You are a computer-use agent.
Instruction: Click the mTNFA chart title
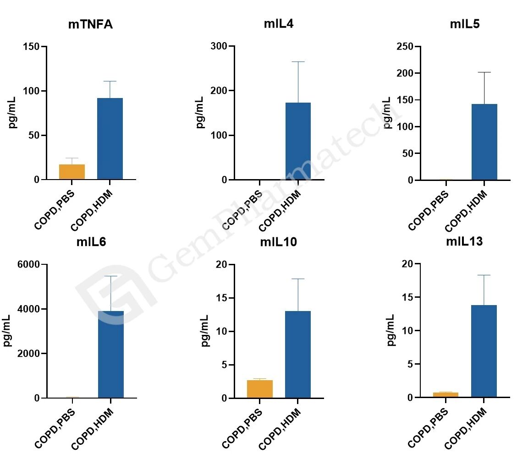pyautogui.click(x=90, y=25)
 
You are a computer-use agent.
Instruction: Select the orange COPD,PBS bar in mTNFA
pyautogui.click(x=72, y=172)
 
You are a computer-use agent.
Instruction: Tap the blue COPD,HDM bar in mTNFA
pyautogui.click(x=110, y=138)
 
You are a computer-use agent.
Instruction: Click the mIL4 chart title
pyautogui.click(x=279, y=24)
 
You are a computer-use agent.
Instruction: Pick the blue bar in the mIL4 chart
pyautogui.click(x=298, y=141)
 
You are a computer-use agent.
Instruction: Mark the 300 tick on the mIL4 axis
pyautogui.click(x=220, y=46)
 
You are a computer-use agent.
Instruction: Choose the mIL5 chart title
pyautogui.click(x=465, y=24)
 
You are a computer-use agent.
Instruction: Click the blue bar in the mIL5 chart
pyautogui.click(x=484, y=142)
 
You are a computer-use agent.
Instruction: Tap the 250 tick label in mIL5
pyautogui.click(x=405, y=46)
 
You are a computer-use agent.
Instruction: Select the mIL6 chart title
pyautogui.click(x=91, y=242)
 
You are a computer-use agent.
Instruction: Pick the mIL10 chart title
pyautogui.click(x=278, y=242)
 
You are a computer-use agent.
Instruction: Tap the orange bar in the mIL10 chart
pyautogui.click(x=260, y=389)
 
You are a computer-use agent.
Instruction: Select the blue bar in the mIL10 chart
pyautogui.click(x=298, y=355)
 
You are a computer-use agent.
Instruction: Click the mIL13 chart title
pyautogui.click(x=464, y=242)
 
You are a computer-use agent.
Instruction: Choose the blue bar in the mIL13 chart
pyautogui.click(x=484, y=351)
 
